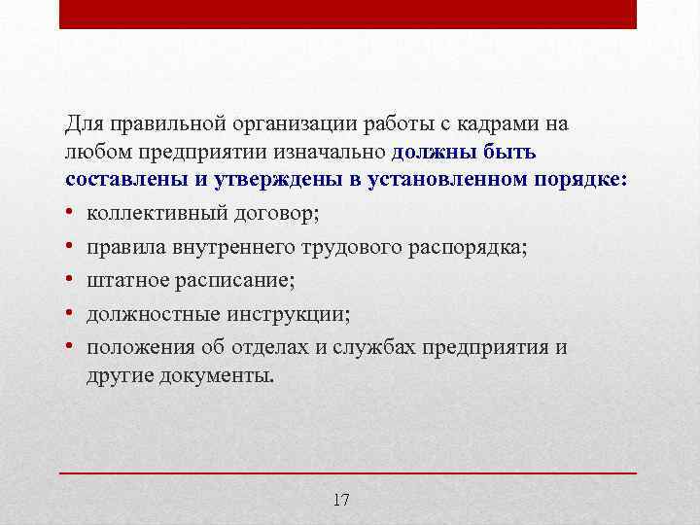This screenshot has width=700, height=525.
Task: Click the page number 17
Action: tap(340, 501)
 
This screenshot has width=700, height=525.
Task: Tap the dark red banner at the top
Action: tap(348, 14)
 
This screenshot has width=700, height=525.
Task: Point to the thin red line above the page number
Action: tap(348, 472)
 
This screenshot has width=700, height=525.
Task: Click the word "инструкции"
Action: tap(293, 314)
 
